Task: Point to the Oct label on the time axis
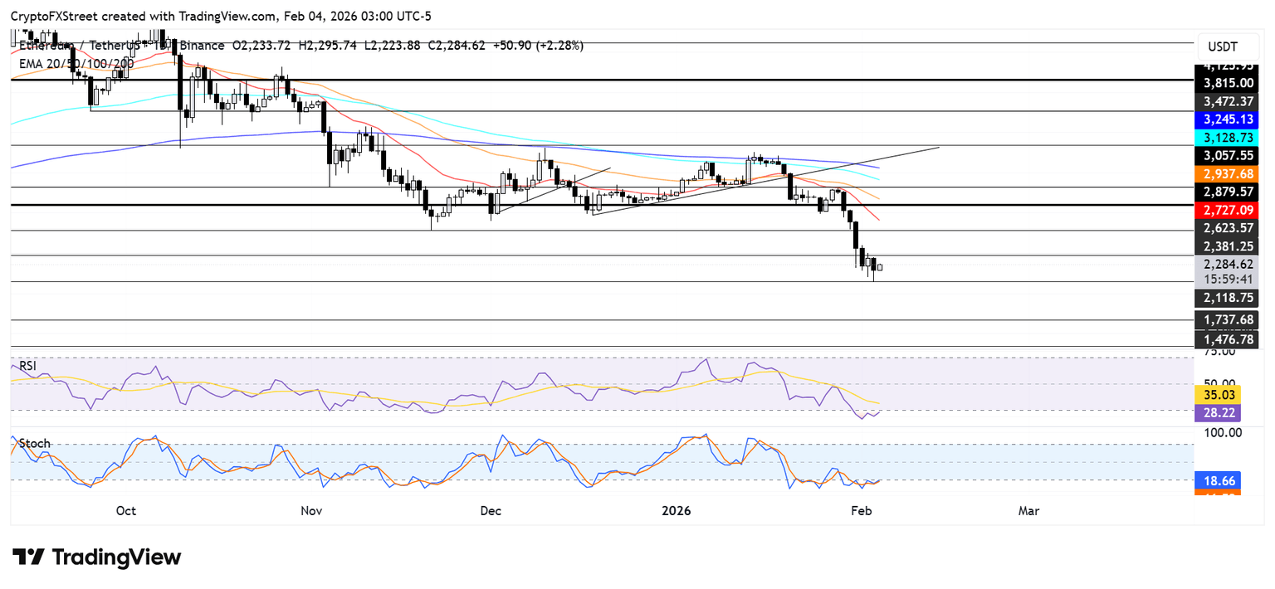(x=126, y=511)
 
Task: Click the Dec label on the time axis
(x=491, y=511)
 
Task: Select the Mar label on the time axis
(x=1028, y=511)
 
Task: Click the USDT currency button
(x=1223, y=46)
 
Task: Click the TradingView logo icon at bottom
(x=28, y=557)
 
